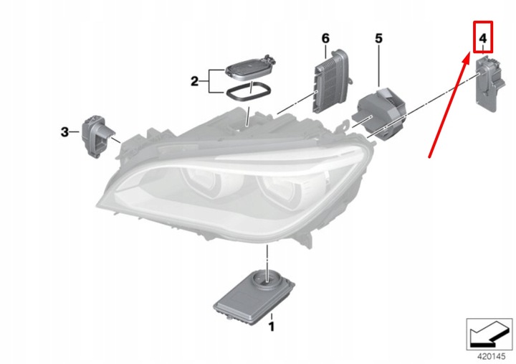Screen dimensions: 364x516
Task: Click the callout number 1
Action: (271, 327)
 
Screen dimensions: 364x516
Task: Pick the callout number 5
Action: (378, 37)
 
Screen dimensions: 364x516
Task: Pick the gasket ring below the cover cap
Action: (247, 93)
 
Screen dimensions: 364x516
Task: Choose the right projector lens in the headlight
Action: (282, 190)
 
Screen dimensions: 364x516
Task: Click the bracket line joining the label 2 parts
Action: (210, 81)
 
